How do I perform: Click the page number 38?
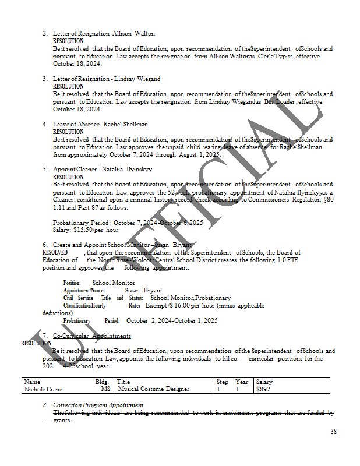333,432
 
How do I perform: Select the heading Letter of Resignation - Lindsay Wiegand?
107,79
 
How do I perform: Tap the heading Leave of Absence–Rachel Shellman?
100,124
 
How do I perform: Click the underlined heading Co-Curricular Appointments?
91,336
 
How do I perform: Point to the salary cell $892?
263,389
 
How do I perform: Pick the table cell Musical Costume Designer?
153,389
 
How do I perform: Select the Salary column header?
264,382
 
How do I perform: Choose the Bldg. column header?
102,382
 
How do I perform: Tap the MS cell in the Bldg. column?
105,389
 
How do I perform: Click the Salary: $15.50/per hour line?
85,230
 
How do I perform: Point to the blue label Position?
72,283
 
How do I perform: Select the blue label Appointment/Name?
84,290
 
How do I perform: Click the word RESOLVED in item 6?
55,252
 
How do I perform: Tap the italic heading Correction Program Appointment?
98,405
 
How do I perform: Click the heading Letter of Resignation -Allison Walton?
104,34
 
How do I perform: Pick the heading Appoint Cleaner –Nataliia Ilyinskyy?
103,170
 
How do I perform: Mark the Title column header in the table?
123,382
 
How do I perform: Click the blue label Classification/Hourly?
84,305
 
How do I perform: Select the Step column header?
222,382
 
